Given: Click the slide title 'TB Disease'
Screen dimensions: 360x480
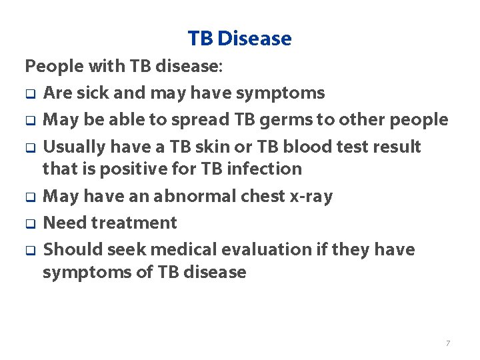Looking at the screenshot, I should [240, 39].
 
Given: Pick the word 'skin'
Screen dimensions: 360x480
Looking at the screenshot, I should [210, 147].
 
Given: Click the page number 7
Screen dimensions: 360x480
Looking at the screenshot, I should [447, 343].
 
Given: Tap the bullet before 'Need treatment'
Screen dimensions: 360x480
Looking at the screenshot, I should [29, 224].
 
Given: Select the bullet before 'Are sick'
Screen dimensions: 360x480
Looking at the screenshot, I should [29, 94].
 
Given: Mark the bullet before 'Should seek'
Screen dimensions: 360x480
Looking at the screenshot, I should [29, 251].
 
